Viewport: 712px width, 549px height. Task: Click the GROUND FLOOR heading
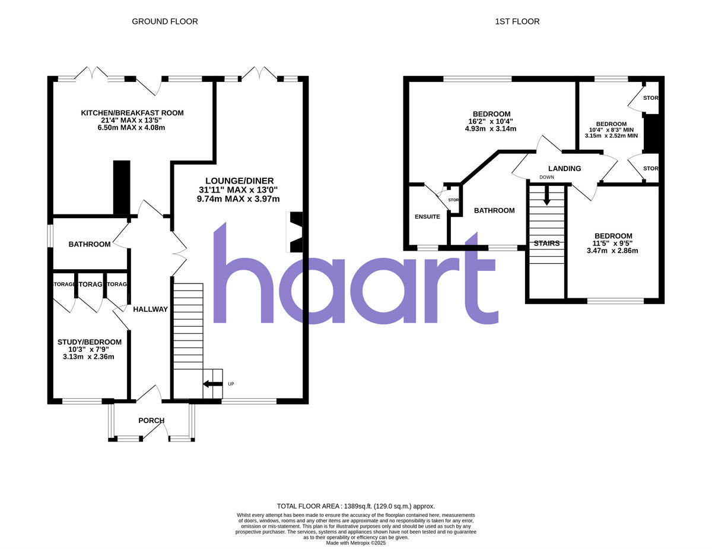tap(164, 21)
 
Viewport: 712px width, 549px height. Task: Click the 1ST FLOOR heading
tap(517, 21)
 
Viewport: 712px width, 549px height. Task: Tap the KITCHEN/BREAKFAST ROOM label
tap(132, 113)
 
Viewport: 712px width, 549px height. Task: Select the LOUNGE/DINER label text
tap(239, 181)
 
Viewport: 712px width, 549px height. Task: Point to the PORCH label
tap(151, 421)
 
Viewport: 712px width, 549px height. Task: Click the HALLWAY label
tap(150, 309)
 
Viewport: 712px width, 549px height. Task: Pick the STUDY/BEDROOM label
tap(90, 342)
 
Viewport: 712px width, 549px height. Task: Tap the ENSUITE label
tap(427, 217)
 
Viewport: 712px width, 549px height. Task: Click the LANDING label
tap(564, 169)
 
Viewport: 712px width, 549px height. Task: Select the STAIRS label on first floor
tap(546, 243)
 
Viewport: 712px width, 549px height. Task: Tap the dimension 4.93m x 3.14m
tap(491, 129)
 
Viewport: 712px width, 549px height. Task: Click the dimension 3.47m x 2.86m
tap(612, 251)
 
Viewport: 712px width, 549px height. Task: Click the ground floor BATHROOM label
tap(90, 244)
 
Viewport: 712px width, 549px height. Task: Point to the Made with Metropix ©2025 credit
tap(356, 542)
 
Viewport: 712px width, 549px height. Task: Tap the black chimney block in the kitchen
tap(122, 187)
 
